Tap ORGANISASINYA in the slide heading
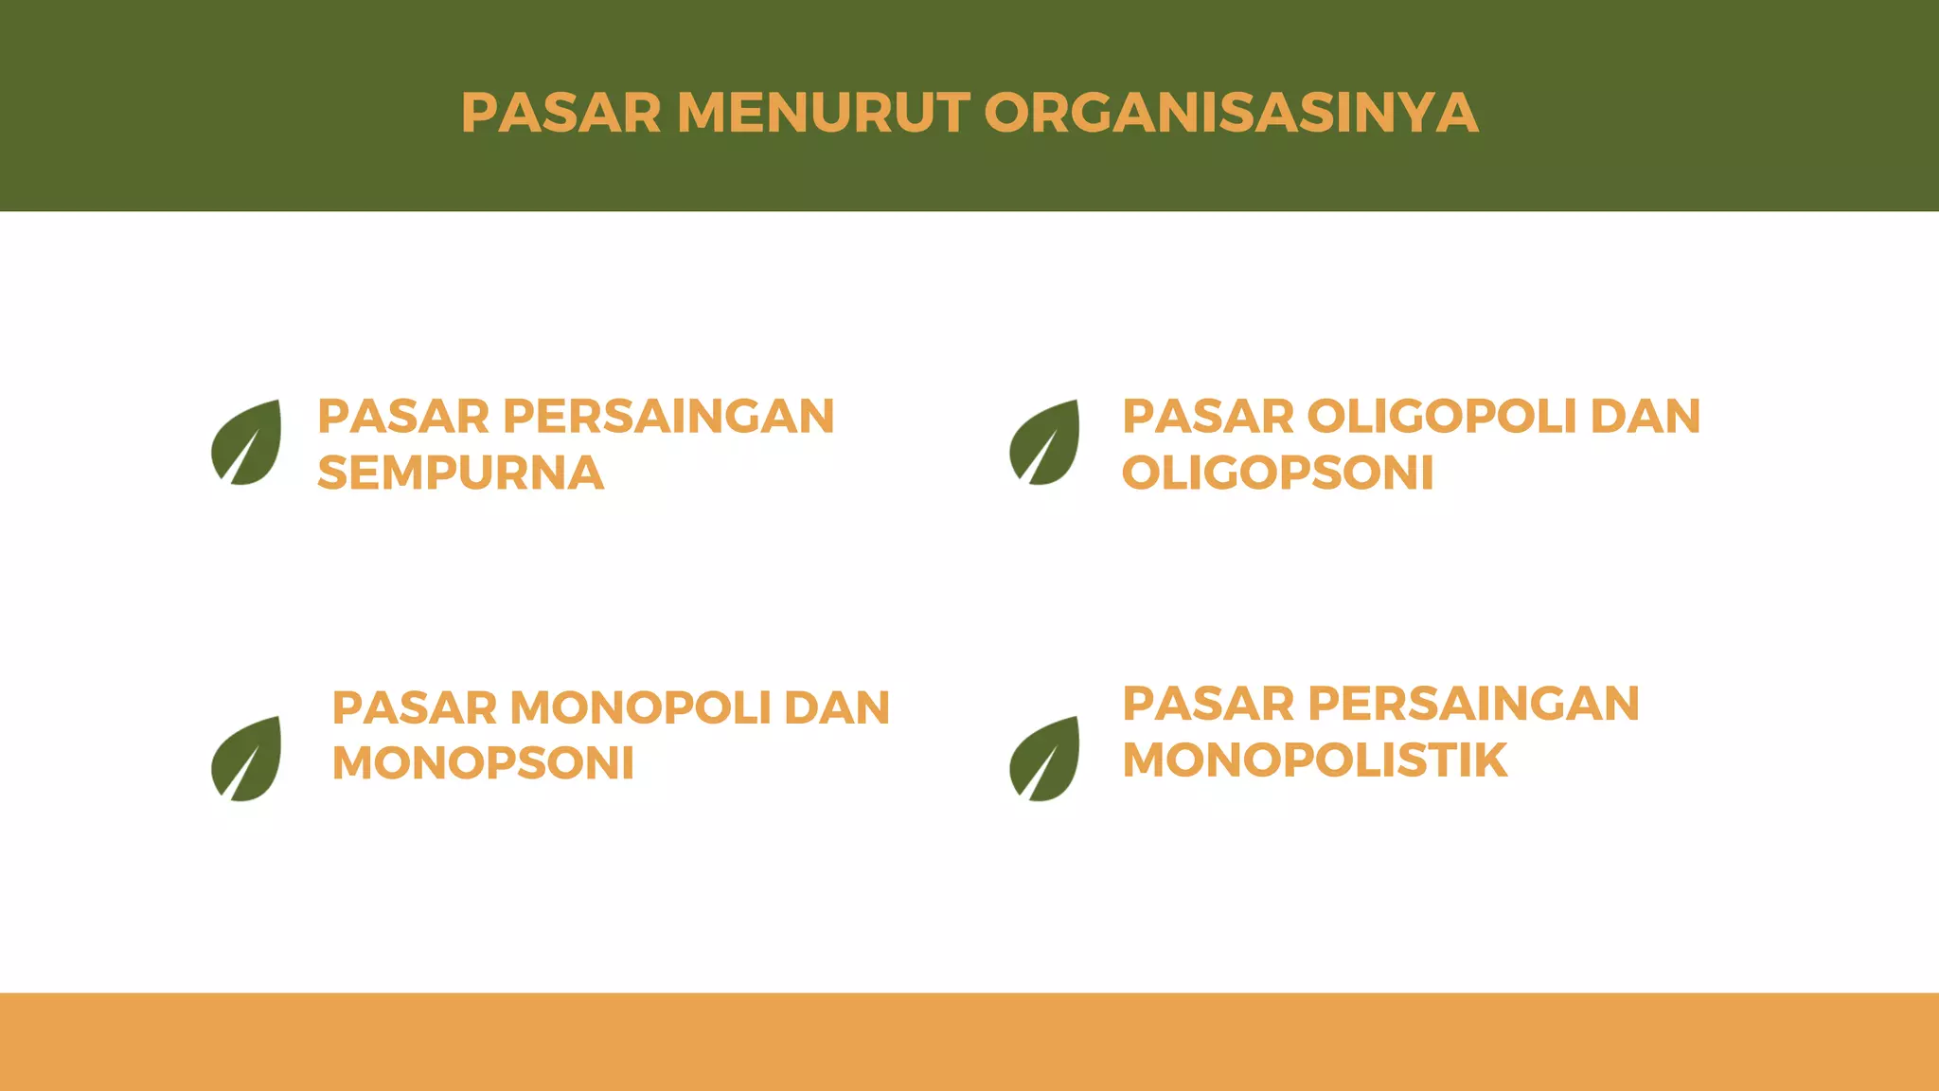(x=1231, y=113)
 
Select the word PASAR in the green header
(x=560, y=113)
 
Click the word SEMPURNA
(x=460, y=473)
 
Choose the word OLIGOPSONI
(x=1277, y=473)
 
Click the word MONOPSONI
(x=483, y=763)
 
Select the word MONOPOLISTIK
(x=1314, y=760)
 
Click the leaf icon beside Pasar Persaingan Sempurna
(x=247, y=442)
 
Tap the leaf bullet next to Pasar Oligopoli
(x=1045, y=442)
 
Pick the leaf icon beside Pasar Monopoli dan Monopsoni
(x=247, y=759)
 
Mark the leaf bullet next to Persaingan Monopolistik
(x=1045, y=759)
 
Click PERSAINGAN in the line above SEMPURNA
(x=668, y=417)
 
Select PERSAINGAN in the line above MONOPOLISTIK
(x=1473, y=704)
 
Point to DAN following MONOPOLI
(x=837, y=707)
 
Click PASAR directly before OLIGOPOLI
(x=1208, y=417)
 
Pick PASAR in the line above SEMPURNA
(x=403, y=417)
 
